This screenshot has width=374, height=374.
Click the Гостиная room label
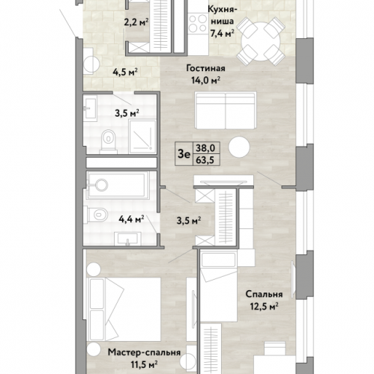(205, 68)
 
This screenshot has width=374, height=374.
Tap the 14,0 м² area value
(205, 80)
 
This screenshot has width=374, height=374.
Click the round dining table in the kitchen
(261, 42)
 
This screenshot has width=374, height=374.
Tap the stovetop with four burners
(198, 23)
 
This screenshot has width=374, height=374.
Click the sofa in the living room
(226, 110)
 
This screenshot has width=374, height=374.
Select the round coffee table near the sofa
(239, 147)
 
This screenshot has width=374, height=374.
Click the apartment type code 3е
(184, 155)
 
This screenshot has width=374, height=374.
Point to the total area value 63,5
(205, 160)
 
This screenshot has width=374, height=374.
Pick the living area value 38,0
(205, 148)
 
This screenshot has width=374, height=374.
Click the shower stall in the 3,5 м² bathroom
(142, 137)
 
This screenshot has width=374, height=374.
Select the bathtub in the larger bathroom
(118, 186)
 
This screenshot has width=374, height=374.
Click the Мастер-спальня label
(144, 352)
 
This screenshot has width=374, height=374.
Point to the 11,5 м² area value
(144, 364)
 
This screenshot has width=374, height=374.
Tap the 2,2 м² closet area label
(136, 22)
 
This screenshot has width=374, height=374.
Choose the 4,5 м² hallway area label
(125, 72)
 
